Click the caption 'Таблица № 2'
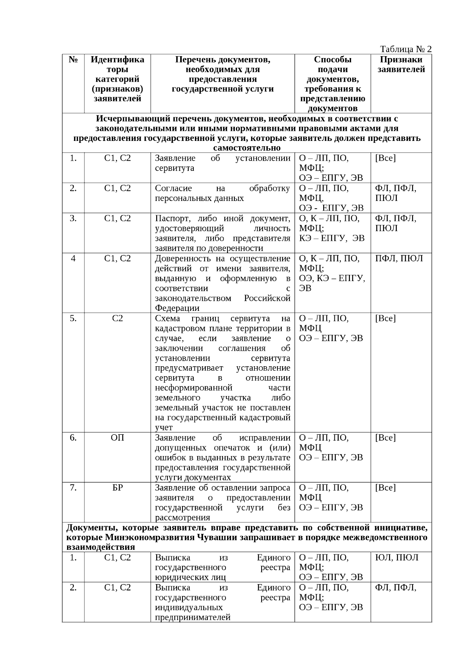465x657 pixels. click(406, 49)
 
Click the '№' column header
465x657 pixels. click(73, 60)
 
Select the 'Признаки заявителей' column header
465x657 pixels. click(401, 64)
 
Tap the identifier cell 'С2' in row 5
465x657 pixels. click(117, 319)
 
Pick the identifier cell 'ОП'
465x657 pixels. click(117, 438)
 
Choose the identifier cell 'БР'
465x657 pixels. click(117, 488)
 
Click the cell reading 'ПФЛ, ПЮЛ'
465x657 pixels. click(399, 259)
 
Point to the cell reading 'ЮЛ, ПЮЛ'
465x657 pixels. click(397, 558)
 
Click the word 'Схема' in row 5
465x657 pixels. click(167, 319)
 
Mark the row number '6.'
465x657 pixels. click(73, 438)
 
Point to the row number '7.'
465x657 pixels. click(73, 488)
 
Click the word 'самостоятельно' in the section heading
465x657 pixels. click(247, 148)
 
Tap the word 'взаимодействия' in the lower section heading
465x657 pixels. click(100, 547)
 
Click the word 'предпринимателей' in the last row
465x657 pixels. click(193, 618)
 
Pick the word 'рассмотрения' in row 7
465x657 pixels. click(183, 518)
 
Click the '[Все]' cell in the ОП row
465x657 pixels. click(385, 438)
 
